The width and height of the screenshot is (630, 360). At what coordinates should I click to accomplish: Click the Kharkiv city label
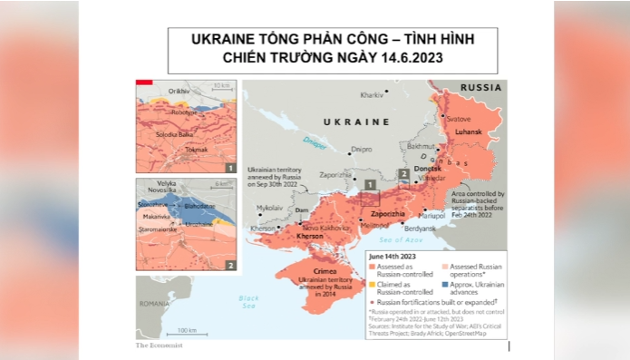pos(372,95)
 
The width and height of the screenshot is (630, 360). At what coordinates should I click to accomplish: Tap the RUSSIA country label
pos(480,88)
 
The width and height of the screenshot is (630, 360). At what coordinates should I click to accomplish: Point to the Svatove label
pos(459,119)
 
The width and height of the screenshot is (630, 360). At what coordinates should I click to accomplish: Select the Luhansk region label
pos(468,131)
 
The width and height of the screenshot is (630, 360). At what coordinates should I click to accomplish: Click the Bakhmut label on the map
pos(422,145)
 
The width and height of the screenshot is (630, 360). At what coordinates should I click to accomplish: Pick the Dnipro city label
pos(362,149)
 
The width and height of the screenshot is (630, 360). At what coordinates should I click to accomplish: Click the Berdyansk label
pos(420,229)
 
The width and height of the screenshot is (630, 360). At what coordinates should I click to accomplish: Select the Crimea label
pos(325,271)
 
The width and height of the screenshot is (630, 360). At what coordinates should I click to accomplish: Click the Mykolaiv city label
pos(269,208)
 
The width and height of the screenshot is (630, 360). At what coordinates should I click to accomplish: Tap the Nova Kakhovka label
pos(323,228)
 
